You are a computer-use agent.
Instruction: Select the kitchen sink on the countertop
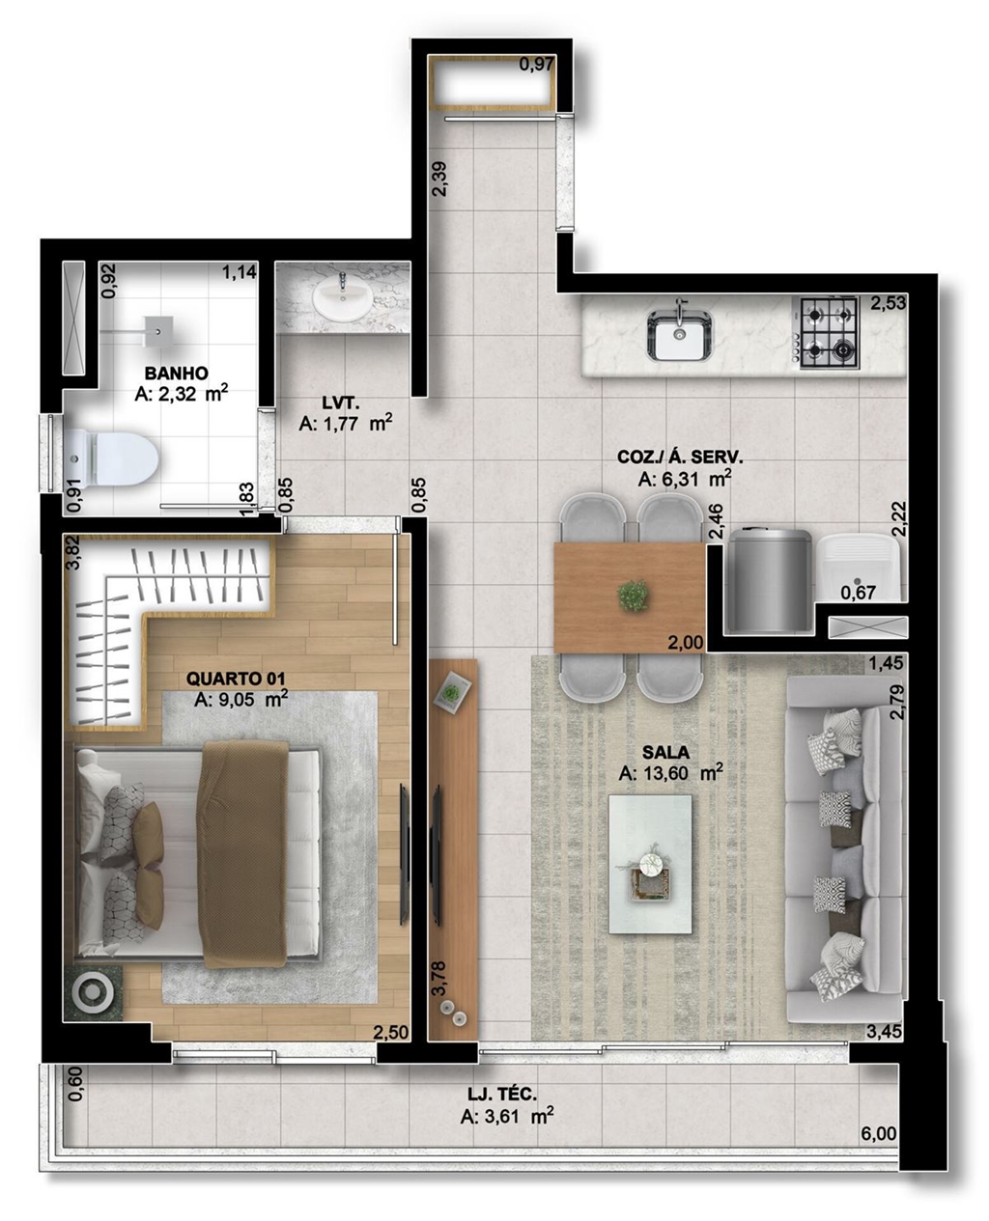pyautogui.click(x=680, y=335)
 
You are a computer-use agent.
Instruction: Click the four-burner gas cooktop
pyautogui.click(x=826, y=332)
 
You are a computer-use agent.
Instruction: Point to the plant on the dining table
pyautogui.click(x=634, y=596)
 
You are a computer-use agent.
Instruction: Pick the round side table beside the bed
pyautogui.click(x=93, y=993)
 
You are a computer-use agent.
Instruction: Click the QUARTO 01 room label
pyautogui.click(x=236, y=679)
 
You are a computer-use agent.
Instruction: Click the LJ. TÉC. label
pyautogui.click(x=502, y=1095)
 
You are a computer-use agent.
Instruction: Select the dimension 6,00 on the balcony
pyautogui.click(x=878, y=1134)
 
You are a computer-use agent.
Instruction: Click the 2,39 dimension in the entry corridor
pyautogui.click(x=441, y=179)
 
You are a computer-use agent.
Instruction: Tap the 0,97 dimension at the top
pyautogui.click(x=536, y=65)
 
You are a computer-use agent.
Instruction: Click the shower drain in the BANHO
pyautogui.click(x=157, y=331)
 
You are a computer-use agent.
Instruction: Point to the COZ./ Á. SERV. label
pyautogui.click(x=680, y=458)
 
